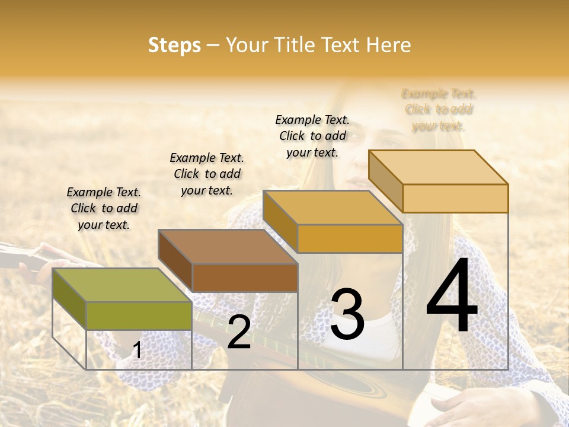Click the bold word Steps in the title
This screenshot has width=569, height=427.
[174, 45]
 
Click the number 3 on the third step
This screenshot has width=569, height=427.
[347, 314]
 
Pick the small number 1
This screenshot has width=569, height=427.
[138, 350]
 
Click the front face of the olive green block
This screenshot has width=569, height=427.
[139, 316]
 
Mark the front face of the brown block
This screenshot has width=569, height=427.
[245, 277]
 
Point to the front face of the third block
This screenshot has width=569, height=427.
[350, 238]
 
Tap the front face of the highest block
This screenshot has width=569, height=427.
[455, 198]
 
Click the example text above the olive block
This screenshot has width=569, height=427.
[104, 208]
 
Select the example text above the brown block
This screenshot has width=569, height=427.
[207, 174]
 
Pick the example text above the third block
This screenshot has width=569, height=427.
[312, 136]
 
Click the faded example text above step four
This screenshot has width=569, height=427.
[439, 110]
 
